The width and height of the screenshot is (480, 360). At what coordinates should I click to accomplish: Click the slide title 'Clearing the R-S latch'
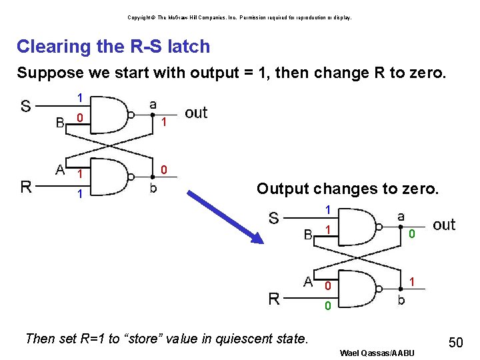click(x=113, y=47)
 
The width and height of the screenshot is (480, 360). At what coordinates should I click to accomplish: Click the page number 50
click(x=455, y=343)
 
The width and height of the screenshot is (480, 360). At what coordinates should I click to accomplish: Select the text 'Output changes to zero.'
click(x=347, y=189)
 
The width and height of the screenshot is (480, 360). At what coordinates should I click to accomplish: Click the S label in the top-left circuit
click(x=25, y=107)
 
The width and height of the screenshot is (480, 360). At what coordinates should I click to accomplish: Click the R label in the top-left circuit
click(x=26, y=186)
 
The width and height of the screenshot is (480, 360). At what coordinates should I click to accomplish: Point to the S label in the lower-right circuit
click(x=273, y=218)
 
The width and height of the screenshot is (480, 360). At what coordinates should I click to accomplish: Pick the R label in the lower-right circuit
click(x=274, y=299)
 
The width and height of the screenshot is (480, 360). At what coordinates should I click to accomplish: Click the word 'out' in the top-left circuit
click(x=196, y=113)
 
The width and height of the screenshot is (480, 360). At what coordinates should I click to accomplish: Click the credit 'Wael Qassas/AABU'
click(x=377, y=352)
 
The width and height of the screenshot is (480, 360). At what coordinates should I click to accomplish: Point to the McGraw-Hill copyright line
click(x=239, y=17)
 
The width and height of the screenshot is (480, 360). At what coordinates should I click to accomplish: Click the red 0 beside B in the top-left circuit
click(x=79, y=119)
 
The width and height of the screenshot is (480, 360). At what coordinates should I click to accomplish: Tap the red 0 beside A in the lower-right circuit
click(x=327, y=286)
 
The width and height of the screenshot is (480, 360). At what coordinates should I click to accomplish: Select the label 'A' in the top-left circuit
click(x=60, y=169)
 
